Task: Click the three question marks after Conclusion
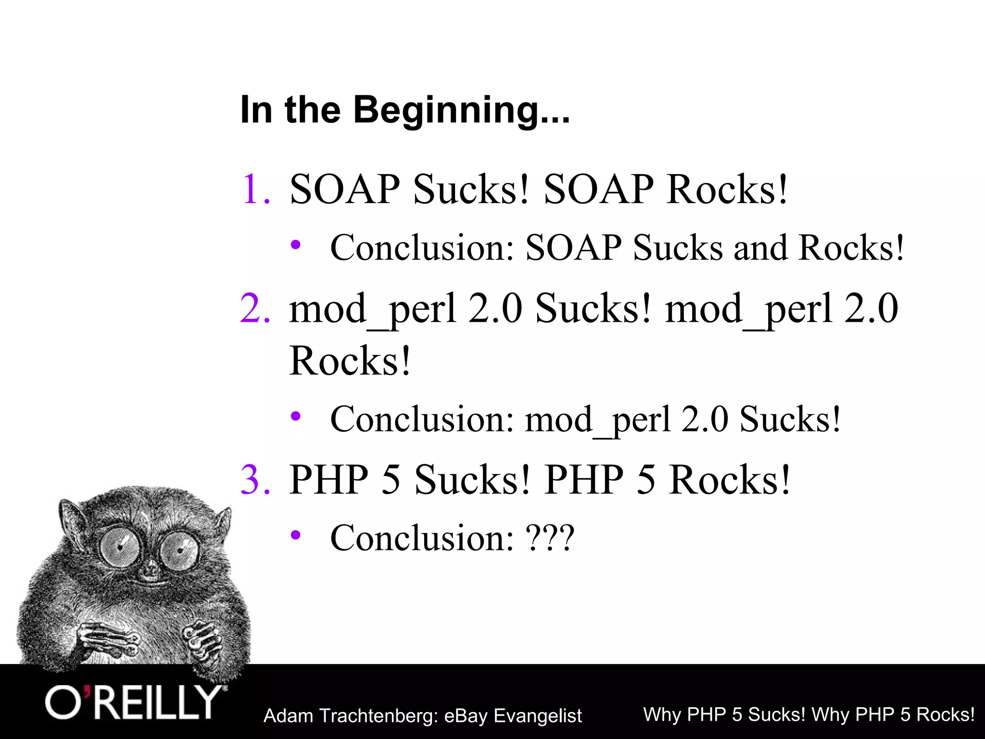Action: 550,538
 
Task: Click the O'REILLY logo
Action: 135,703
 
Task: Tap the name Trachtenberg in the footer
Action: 378,716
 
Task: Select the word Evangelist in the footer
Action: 538,716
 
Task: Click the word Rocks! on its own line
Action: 350,361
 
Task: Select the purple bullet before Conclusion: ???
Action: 296,535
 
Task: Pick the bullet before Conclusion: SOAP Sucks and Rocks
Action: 296,245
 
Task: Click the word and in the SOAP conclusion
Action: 759,248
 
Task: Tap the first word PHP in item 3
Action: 328,480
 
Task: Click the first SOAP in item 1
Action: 344,190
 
